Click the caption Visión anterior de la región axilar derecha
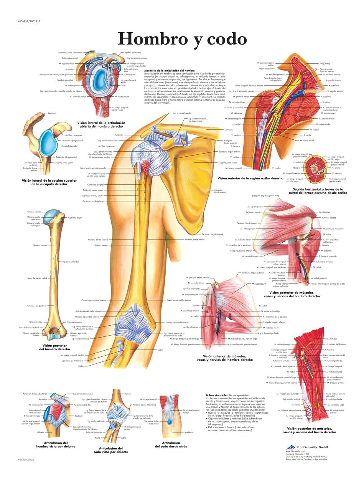pyautogui.click(x=245, y=178)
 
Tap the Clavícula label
pyautogui.click(x=217, y=129)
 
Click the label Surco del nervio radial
pyautogui.click(x=36, y=278)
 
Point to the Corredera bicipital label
pyautogui.click(x=96, y=185)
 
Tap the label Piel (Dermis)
pyautogui.click(x=324, y=63)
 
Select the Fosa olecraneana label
pyautogui.click(x=75, y=322)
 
